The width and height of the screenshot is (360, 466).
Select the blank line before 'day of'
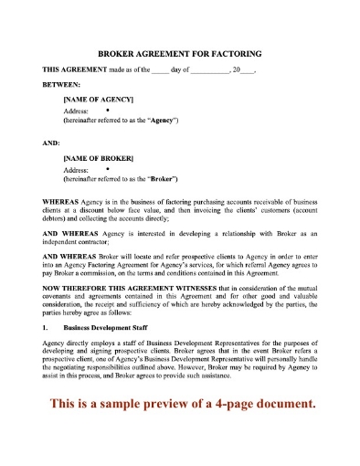[x=159, y=71]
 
